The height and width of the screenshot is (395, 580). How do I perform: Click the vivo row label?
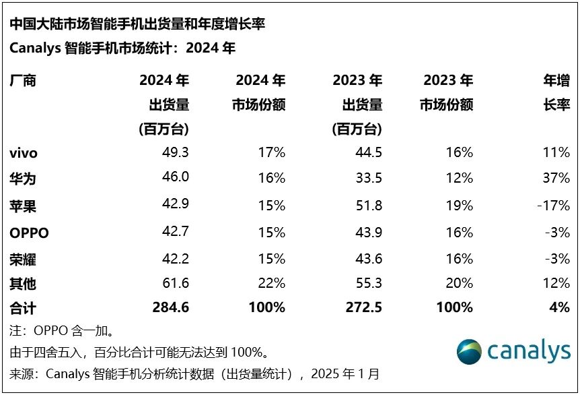(x=24, y=153)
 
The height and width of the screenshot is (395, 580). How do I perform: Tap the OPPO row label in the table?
(x=30, y=233)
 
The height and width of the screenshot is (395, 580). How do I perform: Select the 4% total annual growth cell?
(x=559, y=307)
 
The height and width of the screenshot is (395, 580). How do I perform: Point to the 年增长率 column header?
(x=556, y=93)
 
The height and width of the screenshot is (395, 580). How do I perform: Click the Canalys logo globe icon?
(x=469, y=352)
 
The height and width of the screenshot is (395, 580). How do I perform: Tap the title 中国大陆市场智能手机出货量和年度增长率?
(x=137, y=24)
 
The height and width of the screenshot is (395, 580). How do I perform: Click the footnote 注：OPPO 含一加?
(x=61, y=331)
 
